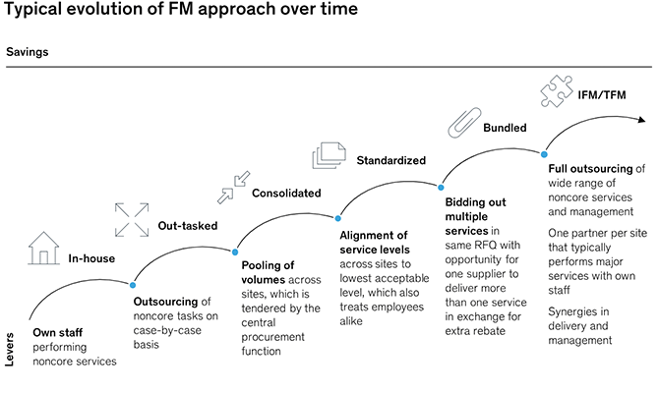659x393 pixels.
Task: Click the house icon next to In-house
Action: (44, 248)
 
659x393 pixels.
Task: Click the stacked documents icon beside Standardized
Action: (328, 156)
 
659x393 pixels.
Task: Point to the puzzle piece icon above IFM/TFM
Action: (557, 92)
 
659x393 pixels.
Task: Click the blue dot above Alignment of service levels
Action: (339, 218)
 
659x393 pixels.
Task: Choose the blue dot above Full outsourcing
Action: (542, 152)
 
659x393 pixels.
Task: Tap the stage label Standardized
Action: (390, 159)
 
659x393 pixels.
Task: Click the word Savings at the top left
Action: (27, 50)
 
